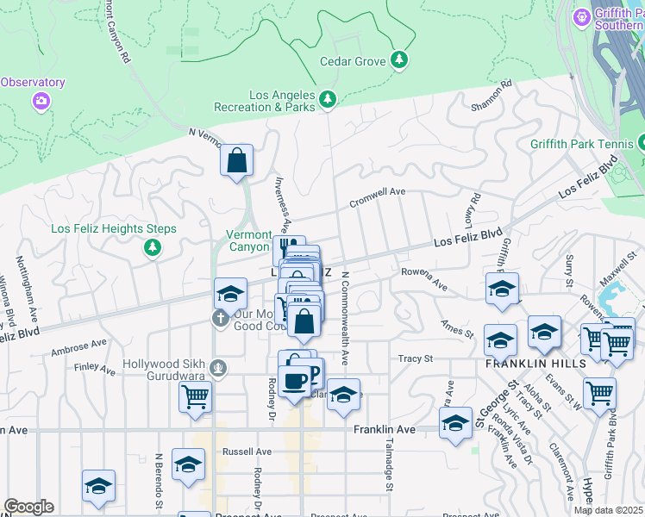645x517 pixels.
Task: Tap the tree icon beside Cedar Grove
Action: (x=398, y=59)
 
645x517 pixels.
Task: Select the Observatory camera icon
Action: (x=41, y=103)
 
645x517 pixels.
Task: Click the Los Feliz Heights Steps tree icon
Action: (x=153, y=248)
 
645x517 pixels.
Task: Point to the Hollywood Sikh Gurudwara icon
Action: (x=220, y=368)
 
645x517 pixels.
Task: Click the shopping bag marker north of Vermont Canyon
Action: (x=235, y=161)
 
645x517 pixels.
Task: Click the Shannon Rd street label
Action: (x=492, y=96)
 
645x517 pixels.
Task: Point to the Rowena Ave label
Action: (x=424, y=278)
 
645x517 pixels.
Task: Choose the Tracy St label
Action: (x=415, y=358)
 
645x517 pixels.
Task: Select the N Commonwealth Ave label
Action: (x=344, y=318)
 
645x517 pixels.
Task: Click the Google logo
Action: (x=28, y=507)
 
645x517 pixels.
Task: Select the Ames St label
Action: (x=458, y=329)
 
